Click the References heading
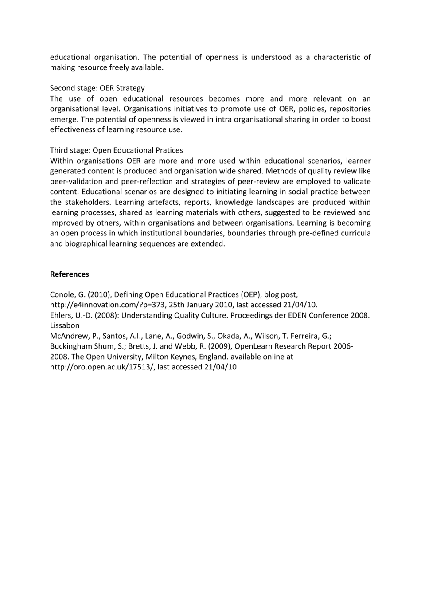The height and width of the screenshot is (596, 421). [69, 274]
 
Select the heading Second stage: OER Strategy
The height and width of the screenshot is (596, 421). [97, 88]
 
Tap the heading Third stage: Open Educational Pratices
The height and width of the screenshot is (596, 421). [116, 150]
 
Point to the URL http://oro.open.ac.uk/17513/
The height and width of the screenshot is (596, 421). [102, 367]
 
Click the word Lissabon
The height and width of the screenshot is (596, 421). [65, 325]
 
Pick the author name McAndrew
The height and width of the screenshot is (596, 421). [69, 336]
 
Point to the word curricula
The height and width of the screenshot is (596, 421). [355, 233]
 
